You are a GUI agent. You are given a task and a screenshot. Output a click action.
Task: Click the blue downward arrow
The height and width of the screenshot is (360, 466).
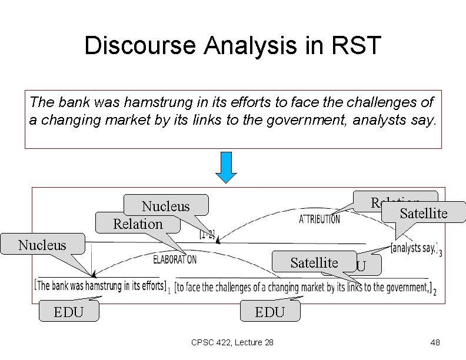[225, 168]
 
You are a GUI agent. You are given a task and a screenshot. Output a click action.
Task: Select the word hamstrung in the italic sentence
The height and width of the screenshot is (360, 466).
[132, 102]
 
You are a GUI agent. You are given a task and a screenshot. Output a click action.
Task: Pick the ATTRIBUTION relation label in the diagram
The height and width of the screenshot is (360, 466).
[319, 219]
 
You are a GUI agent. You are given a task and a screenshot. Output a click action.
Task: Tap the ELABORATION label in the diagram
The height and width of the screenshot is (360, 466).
[175, 259]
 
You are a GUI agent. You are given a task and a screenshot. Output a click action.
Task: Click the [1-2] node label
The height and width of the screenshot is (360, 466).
[207, 234]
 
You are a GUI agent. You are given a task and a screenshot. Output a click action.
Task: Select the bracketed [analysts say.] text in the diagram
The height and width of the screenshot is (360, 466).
[414, 248]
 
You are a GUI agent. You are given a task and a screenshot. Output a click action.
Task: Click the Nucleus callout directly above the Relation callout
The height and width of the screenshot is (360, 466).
[166, 205]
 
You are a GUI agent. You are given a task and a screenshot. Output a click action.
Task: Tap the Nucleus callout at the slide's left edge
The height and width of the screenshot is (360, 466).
[42, 244]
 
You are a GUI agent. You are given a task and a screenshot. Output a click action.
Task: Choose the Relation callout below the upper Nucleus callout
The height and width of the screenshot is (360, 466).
[138, 224]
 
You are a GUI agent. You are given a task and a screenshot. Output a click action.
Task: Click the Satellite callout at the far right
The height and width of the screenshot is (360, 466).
[423, 212]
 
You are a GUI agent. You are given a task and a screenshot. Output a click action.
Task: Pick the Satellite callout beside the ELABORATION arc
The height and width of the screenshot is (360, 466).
[314, 262]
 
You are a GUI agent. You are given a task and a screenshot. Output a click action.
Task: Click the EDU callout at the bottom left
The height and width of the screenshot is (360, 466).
[68, 312]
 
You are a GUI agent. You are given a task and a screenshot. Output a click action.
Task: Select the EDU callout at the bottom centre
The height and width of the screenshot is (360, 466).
[269, 312]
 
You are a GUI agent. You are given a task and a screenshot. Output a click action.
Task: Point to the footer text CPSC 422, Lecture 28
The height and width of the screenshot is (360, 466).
[232, 343]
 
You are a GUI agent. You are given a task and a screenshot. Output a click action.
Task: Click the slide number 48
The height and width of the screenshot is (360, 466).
[435, 343]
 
